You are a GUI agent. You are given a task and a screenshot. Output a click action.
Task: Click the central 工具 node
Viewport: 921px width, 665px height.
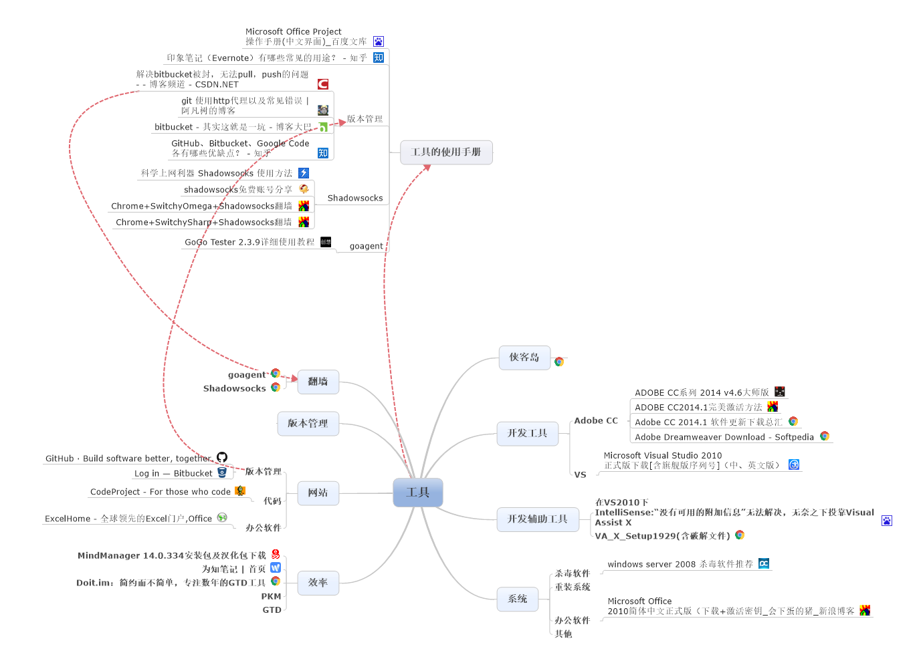(x=417, y=493)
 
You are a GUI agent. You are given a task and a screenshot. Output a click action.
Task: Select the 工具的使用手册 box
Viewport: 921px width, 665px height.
(x=446, y=152)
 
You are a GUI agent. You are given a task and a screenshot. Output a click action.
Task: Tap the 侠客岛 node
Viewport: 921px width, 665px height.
(x=524, y=358)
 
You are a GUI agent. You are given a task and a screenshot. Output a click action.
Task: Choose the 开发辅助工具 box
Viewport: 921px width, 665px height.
(x=538, y=519)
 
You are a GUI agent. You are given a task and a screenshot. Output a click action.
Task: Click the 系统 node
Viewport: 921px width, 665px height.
(x=518, y=599)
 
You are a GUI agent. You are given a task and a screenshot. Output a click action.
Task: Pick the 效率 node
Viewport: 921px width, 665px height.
(x=318, y=583)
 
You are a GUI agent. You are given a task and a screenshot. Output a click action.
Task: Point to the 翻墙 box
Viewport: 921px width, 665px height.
(x=318, y=382)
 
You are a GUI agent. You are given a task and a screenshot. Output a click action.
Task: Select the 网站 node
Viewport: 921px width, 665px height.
(x=318, y=493)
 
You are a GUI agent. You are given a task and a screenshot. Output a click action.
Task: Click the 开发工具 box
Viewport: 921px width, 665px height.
(x=528, y=433)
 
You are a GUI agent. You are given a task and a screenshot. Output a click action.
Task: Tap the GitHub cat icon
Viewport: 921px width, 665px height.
(x=222, y=458)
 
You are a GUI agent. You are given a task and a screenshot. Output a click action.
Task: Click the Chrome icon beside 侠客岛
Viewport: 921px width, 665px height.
(x=559, y=362)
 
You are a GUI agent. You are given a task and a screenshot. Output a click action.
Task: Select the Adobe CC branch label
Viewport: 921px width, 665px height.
(x=596, y=421)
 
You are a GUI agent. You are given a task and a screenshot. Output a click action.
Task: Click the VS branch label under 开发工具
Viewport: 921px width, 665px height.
(x=580, y=475)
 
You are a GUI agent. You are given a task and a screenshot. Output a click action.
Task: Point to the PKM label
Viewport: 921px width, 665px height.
(x=271, y=597)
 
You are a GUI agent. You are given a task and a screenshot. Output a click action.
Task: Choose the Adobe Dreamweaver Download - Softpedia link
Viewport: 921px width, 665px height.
(x=724, y=437)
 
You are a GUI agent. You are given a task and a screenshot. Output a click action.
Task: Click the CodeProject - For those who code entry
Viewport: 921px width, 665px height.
(x=161, y=492)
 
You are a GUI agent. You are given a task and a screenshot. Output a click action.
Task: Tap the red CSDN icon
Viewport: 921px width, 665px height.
(x=323, y=84)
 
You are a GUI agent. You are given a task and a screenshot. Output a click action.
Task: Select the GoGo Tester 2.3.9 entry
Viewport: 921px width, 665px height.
(x=249, y=242)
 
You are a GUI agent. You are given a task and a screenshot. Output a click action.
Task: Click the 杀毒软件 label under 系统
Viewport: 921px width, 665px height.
(x=572, y=573)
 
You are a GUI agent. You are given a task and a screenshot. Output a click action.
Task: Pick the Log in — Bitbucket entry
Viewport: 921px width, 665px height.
(x=173, y=473)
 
